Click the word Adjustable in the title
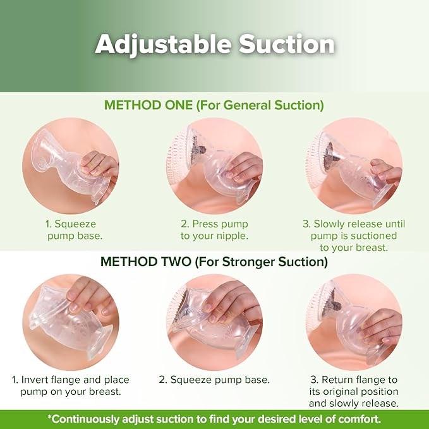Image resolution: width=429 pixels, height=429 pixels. (x=163, y=45)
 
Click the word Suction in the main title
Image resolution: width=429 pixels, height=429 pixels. (x=287, y=44)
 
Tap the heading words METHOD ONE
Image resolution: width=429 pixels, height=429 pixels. (x=148, y=105)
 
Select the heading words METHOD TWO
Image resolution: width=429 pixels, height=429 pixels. (x=146, y=262)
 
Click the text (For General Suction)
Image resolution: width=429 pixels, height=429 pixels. (x=260, y=106)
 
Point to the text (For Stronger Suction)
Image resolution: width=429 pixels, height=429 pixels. (x=262, y=262)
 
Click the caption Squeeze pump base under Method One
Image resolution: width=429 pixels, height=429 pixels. (x=74, y=230)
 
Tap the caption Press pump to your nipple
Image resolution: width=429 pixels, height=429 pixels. (x=214, y=230)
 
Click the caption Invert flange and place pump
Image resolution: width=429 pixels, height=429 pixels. (x=70, y=385)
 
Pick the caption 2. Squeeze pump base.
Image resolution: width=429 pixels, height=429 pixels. (x=214, y=380)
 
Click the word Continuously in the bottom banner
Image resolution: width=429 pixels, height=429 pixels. (x=83, y=419)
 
